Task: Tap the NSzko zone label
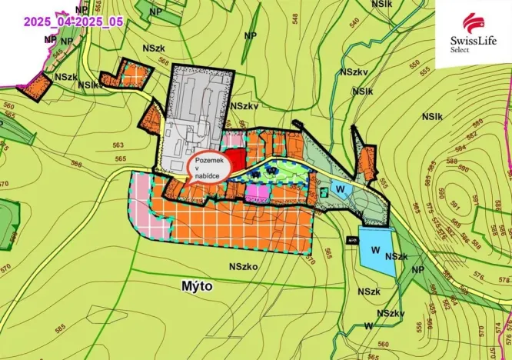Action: click(x=244, y=266)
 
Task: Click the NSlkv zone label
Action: click(x=91, y=85)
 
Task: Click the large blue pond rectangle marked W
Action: click(x=374, y=248)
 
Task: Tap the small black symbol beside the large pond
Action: click(x=353, y=241)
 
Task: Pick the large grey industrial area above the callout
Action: click(x=196, y=115)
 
